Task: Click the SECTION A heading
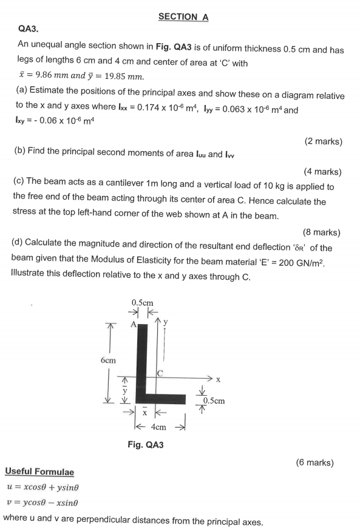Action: (x=183, y=17)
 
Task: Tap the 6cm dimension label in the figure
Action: (x=108, y=360)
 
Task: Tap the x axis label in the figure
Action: (x=217, y=380)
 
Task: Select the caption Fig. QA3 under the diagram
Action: (x=146, y=445)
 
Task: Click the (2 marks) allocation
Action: (x=323, y=141)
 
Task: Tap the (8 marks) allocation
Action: (x=321, y=232)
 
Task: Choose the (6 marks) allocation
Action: (x=314, y=462)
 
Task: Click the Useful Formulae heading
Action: (x=39, y=472)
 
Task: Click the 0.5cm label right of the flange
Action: (x=214, y=401)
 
